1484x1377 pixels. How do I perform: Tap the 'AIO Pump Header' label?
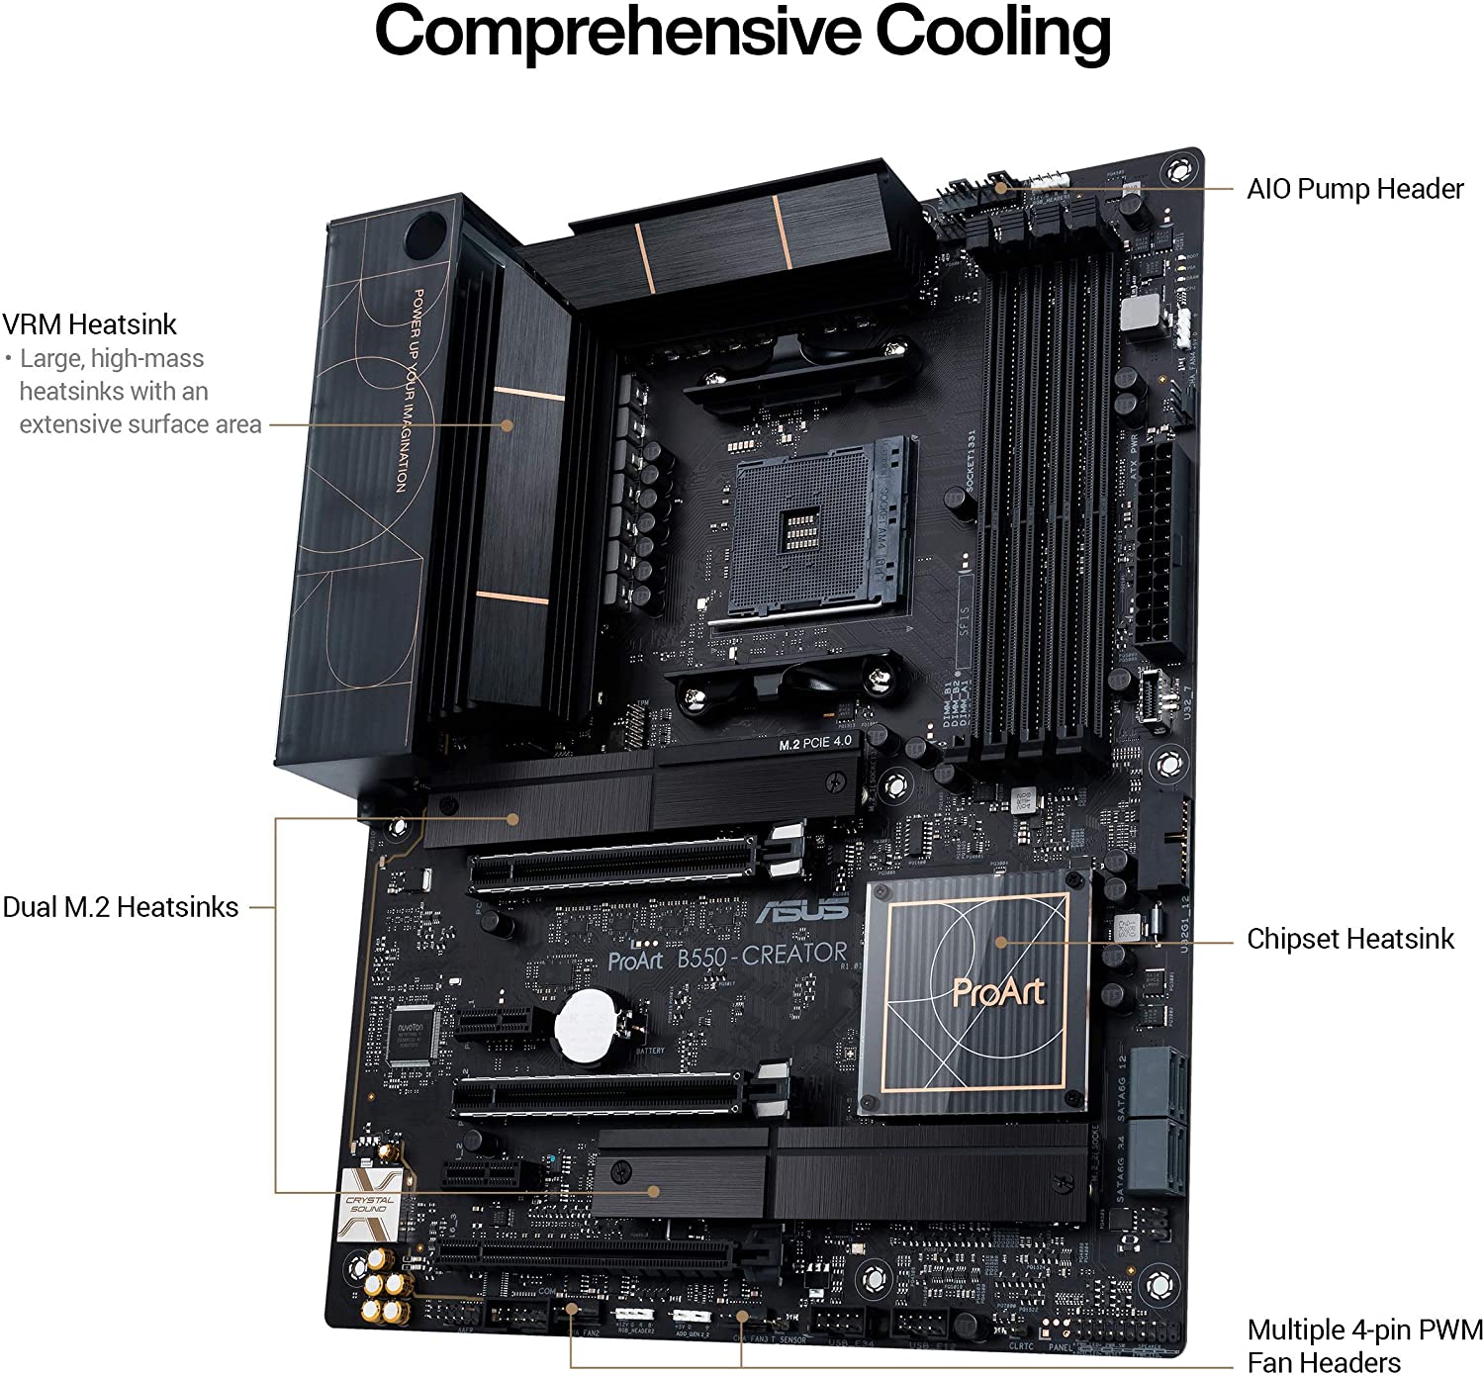coord(1354,188)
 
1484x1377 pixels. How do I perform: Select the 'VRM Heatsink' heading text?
coord(89,324)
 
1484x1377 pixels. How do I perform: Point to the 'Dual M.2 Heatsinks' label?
coord(121,907)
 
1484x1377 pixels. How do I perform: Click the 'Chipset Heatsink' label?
coord(1349,939)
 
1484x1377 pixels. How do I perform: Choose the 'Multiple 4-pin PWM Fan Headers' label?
coord(1364,1345)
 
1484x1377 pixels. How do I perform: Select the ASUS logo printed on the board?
coord(802,909)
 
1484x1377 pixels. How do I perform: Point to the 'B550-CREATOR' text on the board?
coord(762,955)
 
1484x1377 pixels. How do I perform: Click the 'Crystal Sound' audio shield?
coord(368,1205)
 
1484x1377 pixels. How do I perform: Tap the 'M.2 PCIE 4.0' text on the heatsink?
coord(813,742)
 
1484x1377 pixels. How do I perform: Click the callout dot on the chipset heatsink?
coord(1001,942)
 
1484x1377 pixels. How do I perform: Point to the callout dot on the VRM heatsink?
coord(508,425)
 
